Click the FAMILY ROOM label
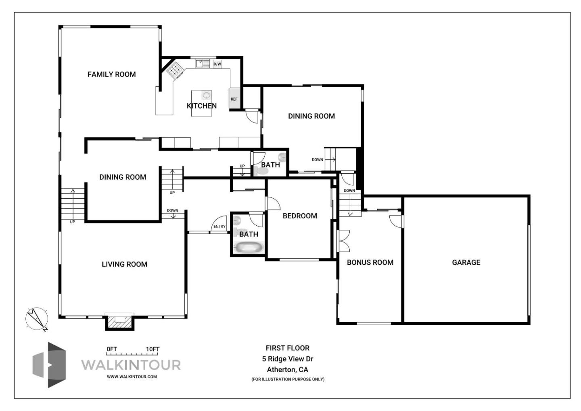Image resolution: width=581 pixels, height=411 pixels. coord(111,74)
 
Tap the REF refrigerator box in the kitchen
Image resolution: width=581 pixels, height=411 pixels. coord(234,98)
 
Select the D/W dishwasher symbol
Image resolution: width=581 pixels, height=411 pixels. coord(217,64)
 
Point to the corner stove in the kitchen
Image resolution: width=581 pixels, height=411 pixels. coord(175,70)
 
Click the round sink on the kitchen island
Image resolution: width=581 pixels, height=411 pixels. coord(206,96)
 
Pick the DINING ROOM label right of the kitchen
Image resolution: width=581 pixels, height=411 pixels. coord(311,116)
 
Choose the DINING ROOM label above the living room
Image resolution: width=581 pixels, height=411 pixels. coord(123,177)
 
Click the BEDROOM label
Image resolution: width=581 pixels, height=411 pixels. coord(300,216)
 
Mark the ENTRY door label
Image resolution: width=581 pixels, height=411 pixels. coord(219,226)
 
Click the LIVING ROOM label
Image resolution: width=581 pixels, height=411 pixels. coord(124,264)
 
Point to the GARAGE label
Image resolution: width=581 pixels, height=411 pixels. coord(466,262)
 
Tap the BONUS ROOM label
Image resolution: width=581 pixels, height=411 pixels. coord(370,262)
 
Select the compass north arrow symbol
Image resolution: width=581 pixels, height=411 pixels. coord(37,319)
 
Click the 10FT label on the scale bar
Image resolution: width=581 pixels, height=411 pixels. coord(153,349)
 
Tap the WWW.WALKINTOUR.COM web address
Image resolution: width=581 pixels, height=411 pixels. coord(132,377)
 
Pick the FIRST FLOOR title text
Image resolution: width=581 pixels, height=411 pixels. coord(287,348)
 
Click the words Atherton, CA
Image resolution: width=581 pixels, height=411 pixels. coord(287,369)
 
